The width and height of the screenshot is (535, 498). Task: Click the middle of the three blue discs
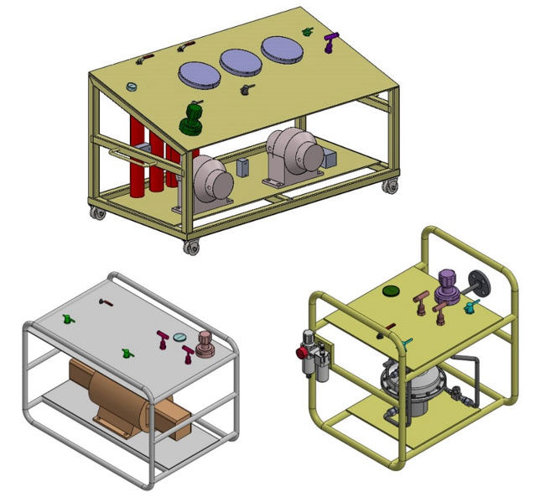point(239,60)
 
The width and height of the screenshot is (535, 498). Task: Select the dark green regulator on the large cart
point(193,117)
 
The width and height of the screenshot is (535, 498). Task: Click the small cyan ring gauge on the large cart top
point(132,86)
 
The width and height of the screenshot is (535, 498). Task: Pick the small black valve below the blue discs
point(246,89)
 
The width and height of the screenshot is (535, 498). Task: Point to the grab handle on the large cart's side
point(126,154)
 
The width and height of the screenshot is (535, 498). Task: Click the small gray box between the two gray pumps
point(244,168)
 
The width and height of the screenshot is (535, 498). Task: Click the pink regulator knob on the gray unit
point(204,343)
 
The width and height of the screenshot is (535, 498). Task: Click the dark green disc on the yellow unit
point(392,291)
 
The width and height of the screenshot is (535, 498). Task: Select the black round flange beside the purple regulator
point(480,281)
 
